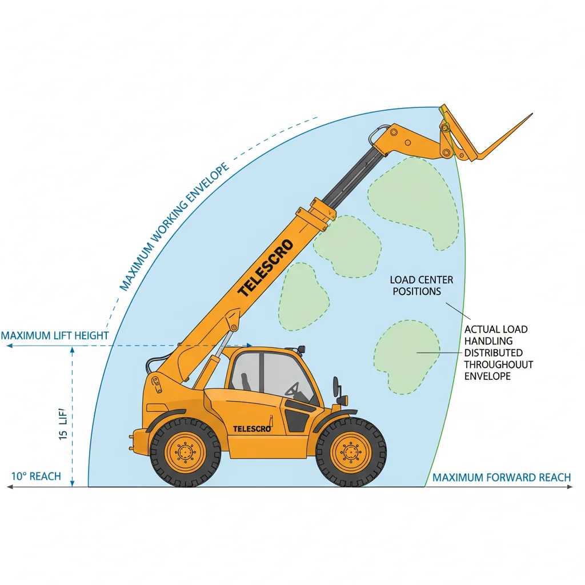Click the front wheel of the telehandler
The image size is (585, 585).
point(351,452)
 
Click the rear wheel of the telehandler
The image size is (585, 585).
point(185,452)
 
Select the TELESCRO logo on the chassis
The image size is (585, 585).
point(251,428)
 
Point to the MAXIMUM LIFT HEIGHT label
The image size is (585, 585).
point(55,335)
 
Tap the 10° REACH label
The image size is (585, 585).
point(37,476)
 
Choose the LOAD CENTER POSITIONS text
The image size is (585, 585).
point(422,286)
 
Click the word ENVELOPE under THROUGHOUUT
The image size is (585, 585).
point(487,376)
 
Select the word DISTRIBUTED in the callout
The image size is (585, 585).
point(493,352)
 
